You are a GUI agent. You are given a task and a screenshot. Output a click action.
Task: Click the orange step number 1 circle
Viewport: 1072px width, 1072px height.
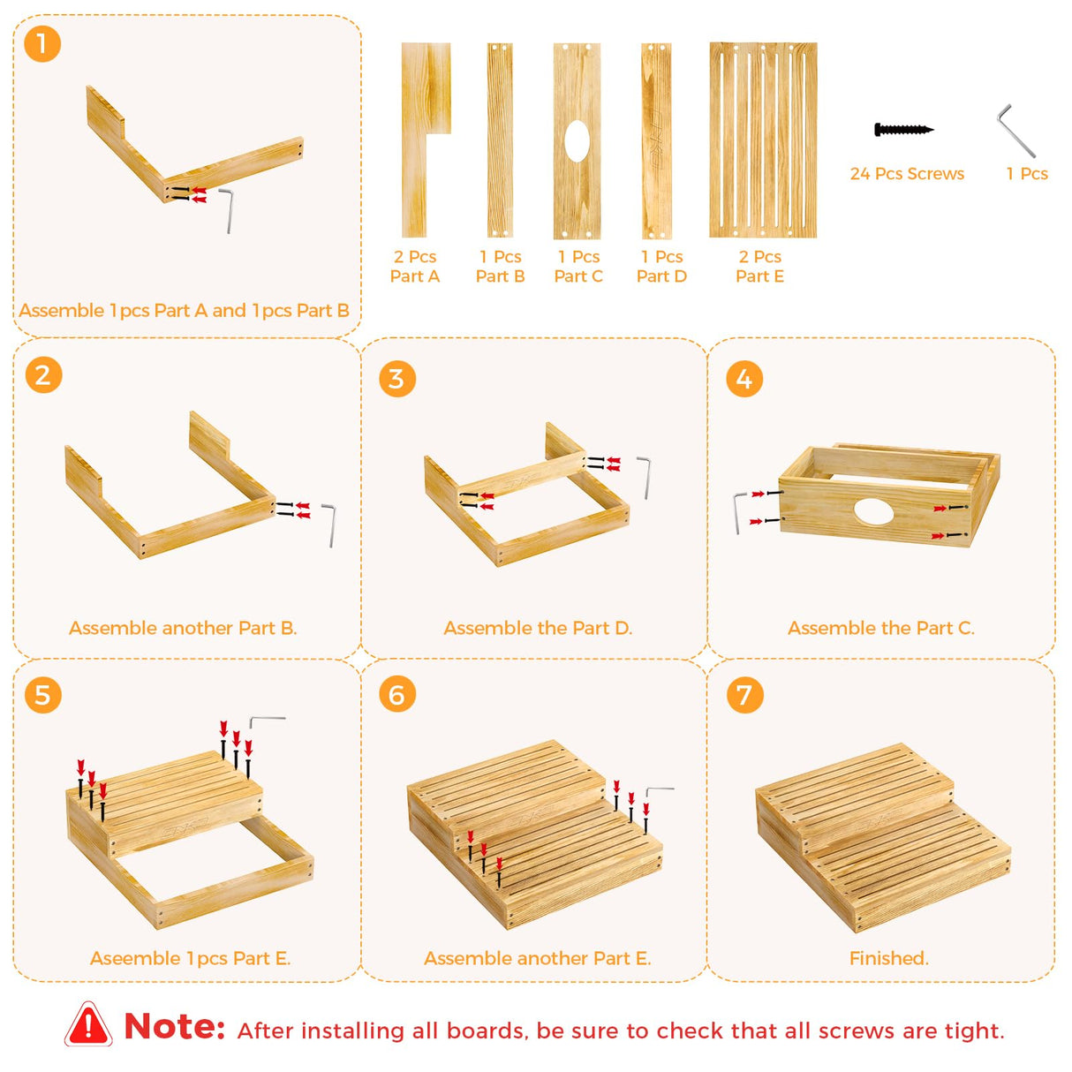tap(42, 43)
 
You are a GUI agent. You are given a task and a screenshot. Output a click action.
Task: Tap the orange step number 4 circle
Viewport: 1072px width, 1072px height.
tap(744, 379)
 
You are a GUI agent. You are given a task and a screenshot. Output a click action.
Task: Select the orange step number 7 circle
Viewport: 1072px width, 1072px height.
tap(744, 694)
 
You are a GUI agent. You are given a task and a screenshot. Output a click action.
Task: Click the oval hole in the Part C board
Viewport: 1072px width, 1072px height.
tap(577, 141)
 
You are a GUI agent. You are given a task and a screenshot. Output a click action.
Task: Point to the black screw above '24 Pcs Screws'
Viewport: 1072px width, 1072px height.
tap(904, 130)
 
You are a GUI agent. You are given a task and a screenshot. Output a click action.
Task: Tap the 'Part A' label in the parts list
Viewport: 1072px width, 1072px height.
tap(415, 276)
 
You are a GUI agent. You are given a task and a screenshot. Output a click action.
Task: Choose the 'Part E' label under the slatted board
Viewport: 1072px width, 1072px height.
tap(760, 276)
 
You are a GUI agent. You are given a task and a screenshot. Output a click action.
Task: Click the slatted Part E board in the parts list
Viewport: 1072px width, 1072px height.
tap(763, 140)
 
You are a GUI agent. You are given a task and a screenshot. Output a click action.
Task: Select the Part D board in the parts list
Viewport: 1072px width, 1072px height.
tap(656, 140)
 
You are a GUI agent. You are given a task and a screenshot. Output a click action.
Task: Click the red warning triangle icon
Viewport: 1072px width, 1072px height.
tap(88, 1024)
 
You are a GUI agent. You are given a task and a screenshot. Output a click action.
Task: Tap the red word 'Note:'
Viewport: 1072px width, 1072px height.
tap(174, 1025)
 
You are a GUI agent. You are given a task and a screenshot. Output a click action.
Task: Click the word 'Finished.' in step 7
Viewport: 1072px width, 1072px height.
tap(888, 958)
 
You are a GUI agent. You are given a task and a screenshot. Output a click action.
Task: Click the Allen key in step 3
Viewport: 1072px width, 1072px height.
tap(645, 478)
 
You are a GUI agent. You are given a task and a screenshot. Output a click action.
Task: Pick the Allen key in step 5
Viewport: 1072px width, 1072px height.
tap(267, 721)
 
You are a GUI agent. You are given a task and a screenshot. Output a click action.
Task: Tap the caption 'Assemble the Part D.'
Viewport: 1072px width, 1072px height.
tap(538, 628)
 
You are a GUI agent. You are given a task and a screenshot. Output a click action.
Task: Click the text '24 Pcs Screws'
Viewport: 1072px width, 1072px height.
tap(907, 174)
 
